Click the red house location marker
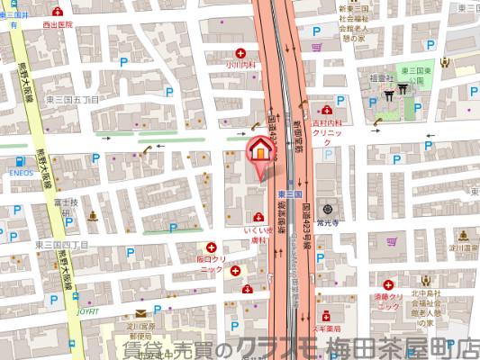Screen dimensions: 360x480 point(258,150)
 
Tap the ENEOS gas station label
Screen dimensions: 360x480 point(21,168)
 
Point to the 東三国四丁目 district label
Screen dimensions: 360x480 point(63,244)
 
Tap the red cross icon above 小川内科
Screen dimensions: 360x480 point(240,52)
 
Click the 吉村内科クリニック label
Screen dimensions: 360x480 point(328,127)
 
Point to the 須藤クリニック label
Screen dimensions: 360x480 point(389,301)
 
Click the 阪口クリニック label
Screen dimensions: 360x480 point(210,264)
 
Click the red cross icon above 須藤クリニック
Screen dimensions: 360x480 point(389,283)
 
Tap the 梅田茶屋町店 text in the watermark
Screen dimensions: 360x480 point(401,346)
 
